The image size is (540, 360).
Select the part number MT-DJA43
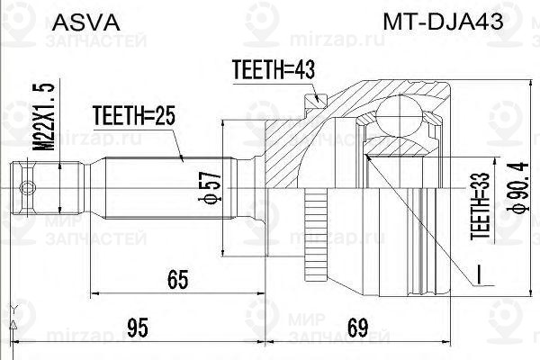pos(443,22)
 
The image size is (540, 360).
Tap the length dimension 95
pos(137,328)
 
